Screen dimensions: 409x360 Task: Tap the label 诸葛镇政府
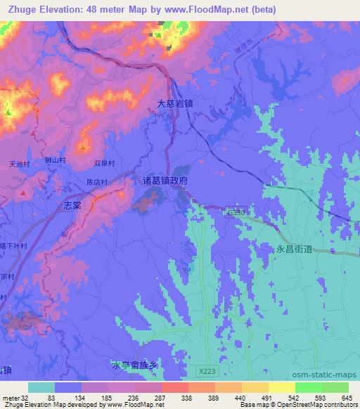[x=167, y=181]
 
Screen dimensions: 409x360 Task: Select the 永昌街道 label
[x=290, y=247]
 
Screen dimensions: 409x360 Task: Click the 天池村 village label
[x=18, y=163]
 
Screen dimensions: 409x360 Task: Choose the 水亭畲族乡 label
[x=136, y=365]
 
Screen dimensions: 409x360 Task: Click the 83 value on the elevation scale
[x=51, y=398]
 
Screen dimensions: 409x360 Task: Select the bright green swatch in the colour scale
[x=308, y=387]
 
